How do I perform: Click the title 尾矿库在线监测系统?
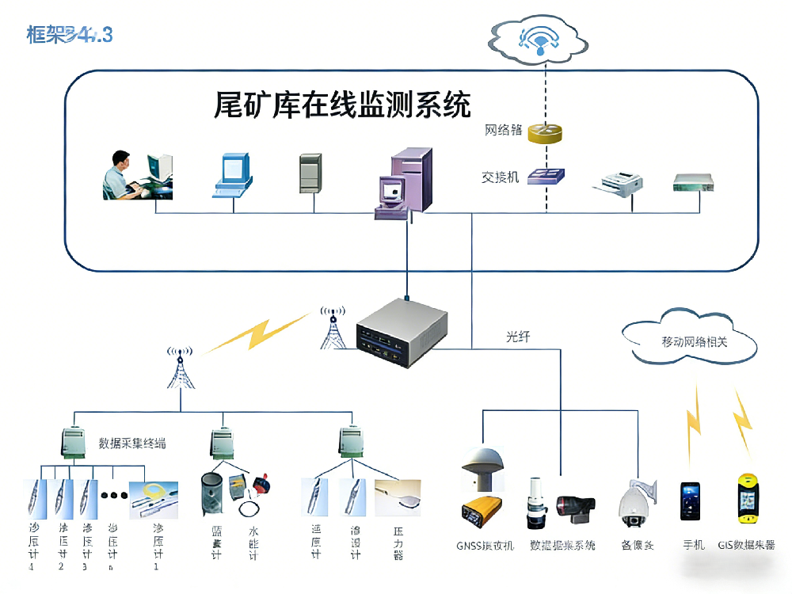342,105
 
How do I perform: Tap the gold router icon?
546,132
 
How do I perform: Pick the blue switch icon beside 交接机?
546,176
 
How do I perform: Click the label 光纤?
517,337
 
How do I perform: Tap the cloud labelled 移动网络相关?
687,341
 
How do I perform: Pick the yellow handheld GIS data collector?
747,499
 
